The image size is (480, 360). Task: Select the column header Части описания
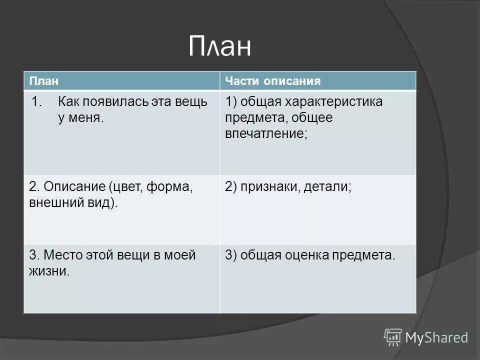tap(272, 81)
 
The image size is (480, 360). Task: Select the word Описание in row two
tap(73, 187)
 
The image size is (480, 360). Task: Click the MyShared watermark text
tap(436, 337)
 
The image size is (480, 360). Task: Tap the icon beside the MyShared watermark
tap(393, 337)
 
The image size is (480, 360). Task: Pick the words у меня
tap(80, 118)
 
